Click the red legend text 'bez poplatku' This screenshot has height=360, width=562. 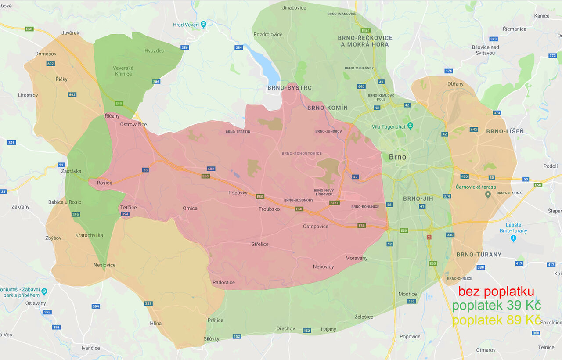click(x=496, y=292)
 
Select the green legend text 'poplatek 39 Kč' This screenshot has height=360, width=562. click(x=496, y=306)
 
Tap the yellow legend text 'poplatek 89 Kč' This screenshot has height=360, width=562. click(x=496, y=320)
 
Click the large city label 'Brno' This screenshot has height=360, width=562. click(x=398, y=157)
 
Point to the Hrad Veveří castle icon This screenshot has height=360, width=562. click(x=204, y=25)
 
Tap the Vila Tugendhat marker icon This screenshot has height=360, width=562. click(x=410, y=126)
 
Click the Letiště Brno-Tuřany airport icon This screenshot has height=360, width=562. click(x=513, y=238)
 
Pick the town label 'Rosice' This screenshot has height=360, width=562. click(x=104, y=183)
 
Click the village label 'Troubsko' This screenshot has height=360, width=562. click(x=269, y=209)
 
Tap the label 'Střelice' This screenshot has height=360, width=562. click(x=260, y=244)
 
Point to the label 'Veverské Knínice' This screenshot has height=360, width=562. click(x=123, y=71)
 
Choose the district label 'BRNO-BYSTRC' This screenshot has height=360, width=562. click(x=289, y=88)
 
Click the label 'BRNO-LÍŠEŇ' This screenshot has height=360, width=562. click(x=504, y=131)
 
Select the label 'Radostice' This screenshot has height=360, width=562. click(x=223, y=282)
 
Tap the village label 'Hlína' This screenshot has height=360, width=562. click(x=155, y=323)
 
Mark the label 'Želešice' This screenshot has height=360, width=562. click(x=364, y=317)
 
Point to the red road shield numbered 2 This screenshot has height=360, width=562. click(x=429, y=237)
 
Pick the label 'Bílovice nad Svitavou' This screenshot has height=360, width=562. click(x=485, y=50)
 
